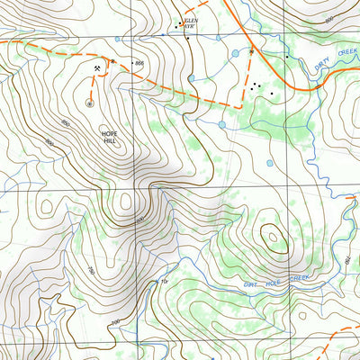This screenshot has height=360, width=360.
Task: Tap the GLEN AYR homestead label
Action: click(189, 22)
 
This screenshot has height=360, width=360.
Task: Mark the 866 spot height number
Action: click(139, 63)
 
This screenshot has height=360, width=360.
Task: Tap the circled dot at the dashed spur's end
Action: click(89, 102)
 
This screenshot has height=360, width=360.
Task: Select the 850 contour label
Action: click(65, 122)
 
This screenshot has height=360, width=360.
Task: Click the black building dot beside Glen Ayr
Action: click(176, 27)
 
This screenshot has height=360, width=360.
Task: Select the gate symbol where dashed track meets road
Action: click(251, 52)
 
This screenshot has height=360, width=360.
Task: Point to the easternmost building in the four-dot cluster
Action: click(272, 94)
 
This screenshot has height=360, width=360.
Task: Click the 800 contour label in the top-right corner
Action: click(328, 18)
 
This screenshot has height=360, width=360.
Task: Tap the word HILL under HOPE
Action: click(109, 141)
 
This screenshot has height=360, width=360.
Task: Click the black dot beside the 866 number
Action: click(130, 63)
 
